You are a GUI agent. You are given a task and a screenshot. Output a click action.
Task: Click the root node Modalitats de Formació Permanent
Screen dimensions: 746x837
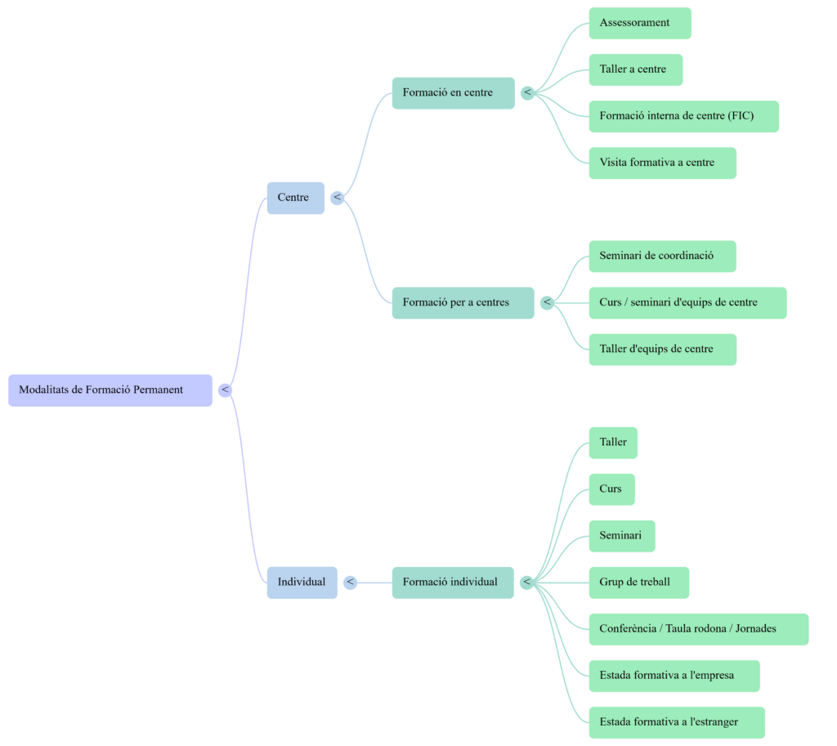(110, 390)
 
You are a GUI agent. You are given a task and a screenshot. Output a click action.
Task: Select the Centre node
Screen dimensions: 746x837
(295, 198)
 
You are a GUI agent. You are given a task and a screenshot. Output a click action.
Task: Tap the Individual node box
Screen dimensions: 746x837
(302, 583)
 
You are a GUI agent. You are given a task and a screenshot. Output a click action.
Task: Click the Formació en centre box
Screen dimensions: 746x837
(453, 93)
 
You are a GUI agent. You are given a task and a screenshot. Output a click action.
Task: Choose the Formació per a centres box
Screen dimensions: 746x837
(463, 303)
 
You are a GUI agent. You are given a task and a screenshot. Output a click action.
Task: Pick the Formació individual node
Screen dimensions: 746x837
(453, 583)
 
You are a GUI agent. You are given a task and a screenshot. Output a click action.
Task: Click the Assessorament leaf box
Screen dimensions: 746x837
(639, 23)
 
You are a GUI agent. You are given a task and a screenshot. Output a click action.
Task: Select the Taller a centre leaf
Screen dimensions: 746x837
(635, 69)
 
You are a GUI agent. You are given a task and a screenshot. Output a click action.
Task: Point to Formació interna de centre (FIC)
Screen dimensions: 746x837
(683, 116)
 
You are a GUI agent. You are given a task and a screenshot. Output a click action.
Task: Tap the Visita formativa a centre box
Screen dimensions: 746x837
(662, 163)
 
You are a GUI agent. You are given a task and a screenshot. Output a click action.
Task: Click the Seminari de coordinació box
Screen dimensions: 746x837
(662, 257)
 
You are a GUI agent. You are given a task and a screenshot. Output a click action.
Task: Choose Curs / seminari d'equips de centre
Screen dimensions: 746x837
(687, 303)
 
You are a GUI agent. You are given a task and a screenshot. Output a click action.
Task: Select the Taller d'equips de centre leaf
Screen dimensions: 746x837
(662, 350)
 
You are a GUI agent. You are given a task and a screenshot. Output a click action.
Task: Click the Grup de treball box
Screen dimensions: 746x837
(638, 583)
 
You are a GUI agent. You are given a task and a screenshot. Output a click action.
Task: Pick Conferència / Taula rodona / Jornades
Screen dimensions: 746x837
(698, 629)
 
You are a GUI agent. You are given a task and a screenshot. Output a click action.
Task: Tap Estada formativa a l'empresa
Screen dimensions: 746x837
(674, 676)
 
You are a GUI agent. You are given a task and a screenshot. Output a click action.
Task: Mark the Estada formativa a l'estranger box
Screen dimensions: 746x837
(676, 722)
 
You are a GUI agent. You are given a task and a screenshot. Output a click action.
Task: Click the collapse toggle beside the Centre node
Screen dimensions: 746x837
(338, 198)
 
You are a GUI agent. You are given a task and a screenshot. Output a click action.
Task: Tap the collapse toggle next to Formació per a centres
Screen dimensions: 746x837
(548, 303)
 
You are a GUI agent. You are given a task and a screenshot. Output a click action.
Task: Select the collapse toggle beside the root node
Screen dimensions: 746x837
(226, 391)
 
